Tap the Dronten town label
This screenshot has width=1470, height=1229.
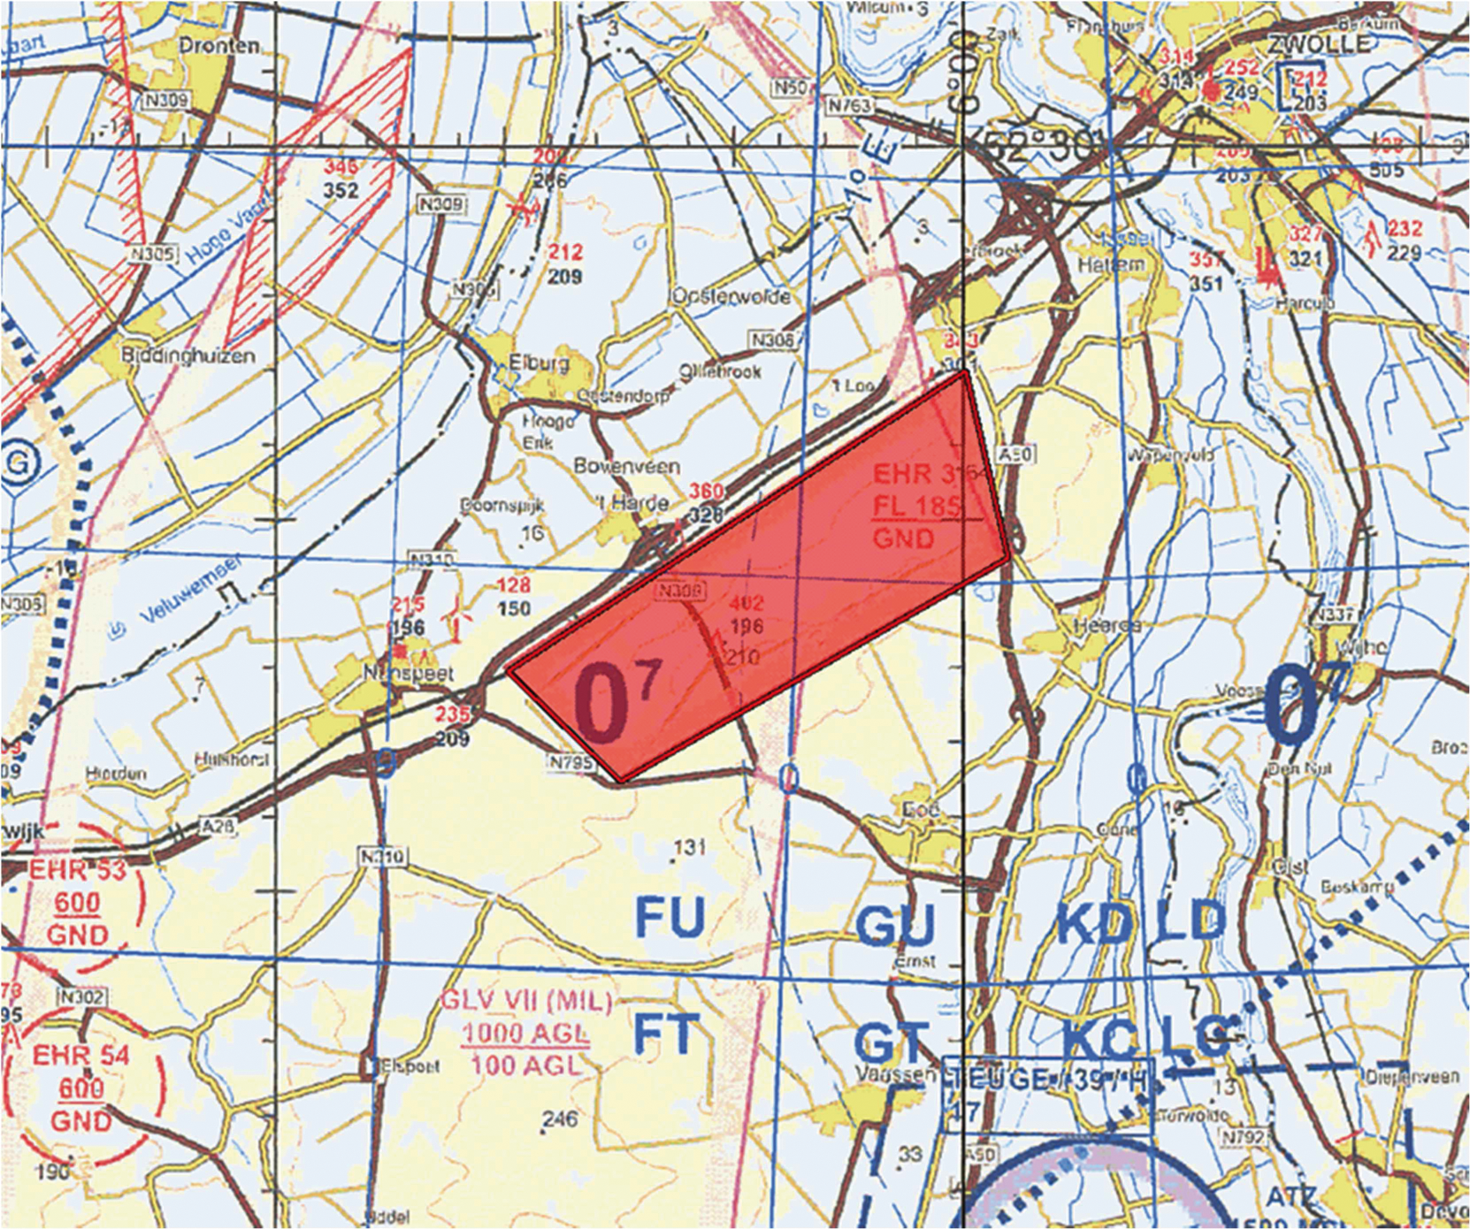point(219,46)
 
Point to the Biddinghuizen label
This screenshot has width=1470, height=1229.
point(188,355)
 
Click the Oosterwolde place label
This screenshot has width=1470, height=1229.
point(731,296)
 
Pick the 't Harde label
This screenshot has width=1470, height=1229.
point(634,503)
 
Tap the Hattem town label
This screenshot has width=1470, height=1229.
point(1111,264)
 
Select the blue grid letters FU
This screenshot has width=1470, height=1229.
point(670,916)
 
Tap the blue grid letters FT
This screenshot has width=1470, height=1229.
point(666,1032)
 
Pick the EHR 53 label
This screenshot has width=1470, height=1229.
point(77,869)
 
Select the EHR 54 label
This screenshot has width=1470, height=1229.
point(80,1055)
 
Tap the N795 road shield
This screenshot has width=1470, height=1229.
point(571,761)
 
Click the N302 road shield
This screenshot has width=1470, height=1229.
point(81,996)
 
